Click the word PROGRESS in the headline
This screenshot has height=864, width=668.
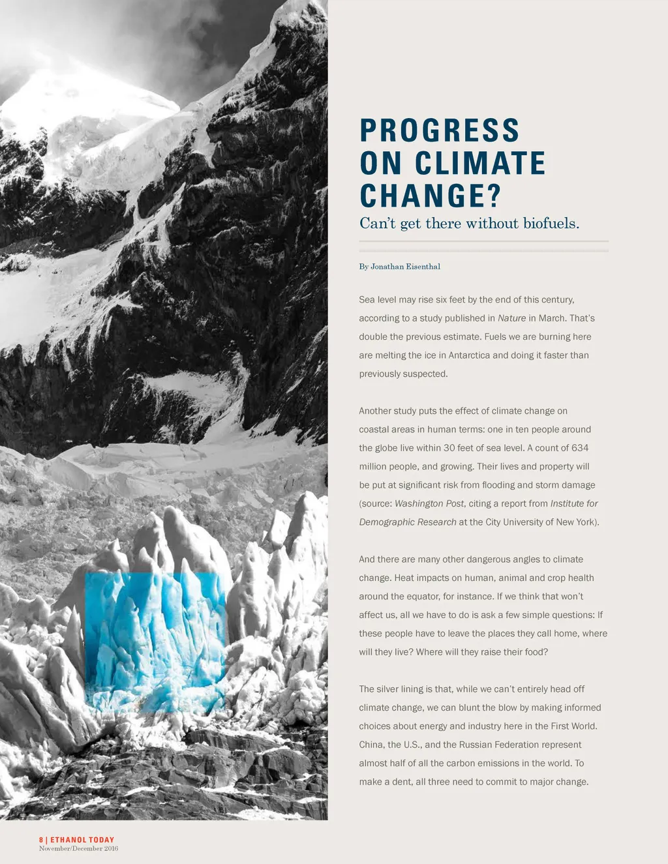pos(440,130)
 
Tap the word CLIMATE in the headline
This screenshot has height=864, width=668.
pos(480,163)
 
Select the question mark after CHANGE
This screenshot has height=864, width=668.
pos(493,196)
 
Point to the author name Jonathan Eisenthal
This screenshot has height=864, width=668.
pos(405,267)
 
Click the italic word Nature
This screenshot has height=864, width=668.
pos(511,318)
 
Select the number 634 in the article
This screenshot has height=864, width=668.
pos(580,448)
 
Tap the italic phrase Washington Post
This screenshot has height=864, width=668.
pos(429,503)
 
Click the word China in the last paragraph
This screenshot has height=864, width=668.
pos(371,745)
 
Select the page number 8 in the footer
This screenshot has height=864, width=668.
pos(41,840)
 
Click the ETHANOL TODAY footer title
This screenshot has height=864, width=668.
pos(82,840)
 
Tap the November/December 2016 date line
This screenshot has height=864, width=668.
pos(78,848)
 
